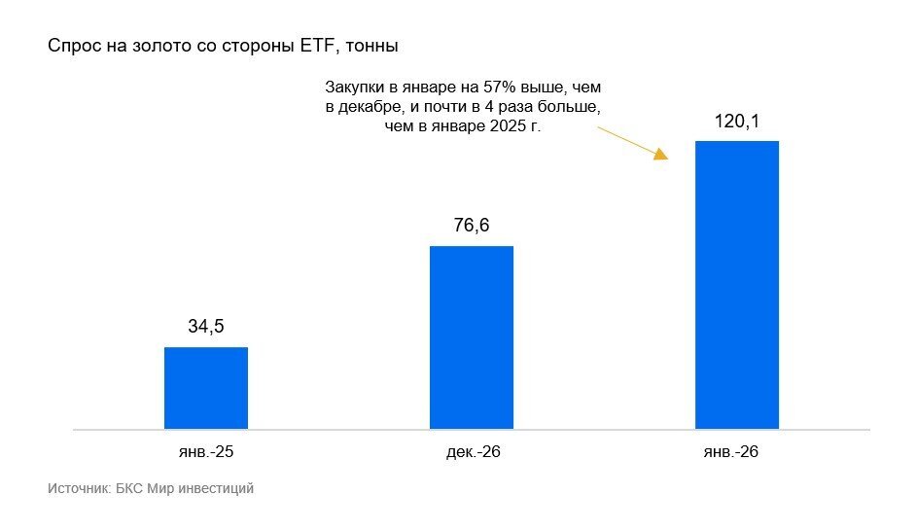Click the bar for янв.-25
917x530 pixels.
pyautogui.click(x=206, y=388)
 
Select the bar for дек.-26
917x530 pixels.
pyautogui.click(x=472, y=337)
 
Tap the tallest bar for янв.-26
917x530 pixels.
pyautogui.click(x=737, y=285)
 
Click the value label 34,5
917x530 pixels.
pyautogui.click(x=206, y=327)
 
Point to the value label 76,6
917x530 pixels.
pyautogui.click(x=472, y=226)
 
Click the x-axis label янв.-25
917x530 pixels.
pyautogui.click(x=206, y=453)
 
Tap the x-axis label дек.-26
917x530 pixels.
pyautogui.click(x=472, y=453)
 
